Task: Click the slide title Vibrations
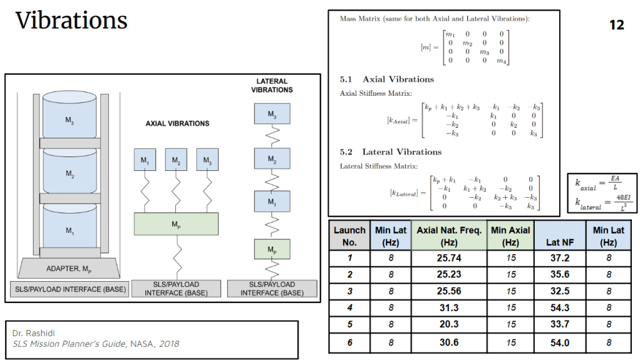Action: [x=71, y=21]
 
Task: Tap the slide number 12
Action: [x=616, y=25]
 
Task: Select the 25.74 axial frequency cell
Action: [x=449, y=257]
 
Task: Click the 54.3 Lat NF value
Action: [x=558, y=307]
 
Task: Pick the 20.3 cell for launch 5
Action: [x=449, y=324]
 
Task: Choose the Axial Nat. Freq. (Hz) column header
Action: [x=449, y=235]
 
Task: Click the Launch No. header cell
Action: [x=349, y=235]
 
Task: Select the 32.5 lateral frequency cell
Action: [x=558, y=291]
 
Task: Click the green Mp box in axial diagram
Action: [x=176, y=224]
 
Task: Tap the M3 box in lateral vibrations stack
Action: [x=272, y=114]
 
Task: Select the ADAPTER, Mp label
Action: [x=70, y=269]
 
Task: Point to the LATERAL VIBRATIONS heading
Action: [x=272, y=85]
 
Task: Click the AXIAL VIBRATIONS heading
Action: [x=177, y=123]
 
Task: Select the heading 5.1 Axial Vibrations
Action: [x=386, y=80]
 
